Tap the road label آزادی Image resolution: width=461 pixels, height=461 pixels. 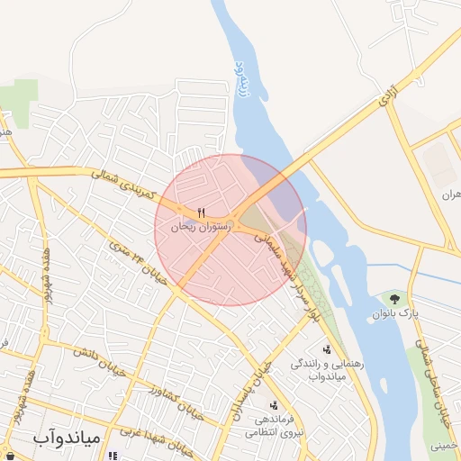point(386,93)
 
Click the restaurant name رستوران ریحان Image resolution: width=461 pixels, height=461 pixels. point(202,229)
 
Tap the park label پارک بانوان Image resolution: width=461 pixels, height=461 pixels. point(396,313)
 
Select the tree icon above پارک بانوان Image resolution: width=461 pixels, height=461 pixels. point(393,297)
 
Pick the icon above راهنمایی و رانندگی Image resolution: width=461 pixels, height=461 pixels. point(326,349)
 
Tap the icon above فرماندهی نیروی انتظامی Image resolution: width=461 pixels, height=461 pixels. point(273,405)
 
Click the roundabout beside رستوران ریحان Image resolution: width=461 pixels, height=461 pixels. point(232,222)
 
